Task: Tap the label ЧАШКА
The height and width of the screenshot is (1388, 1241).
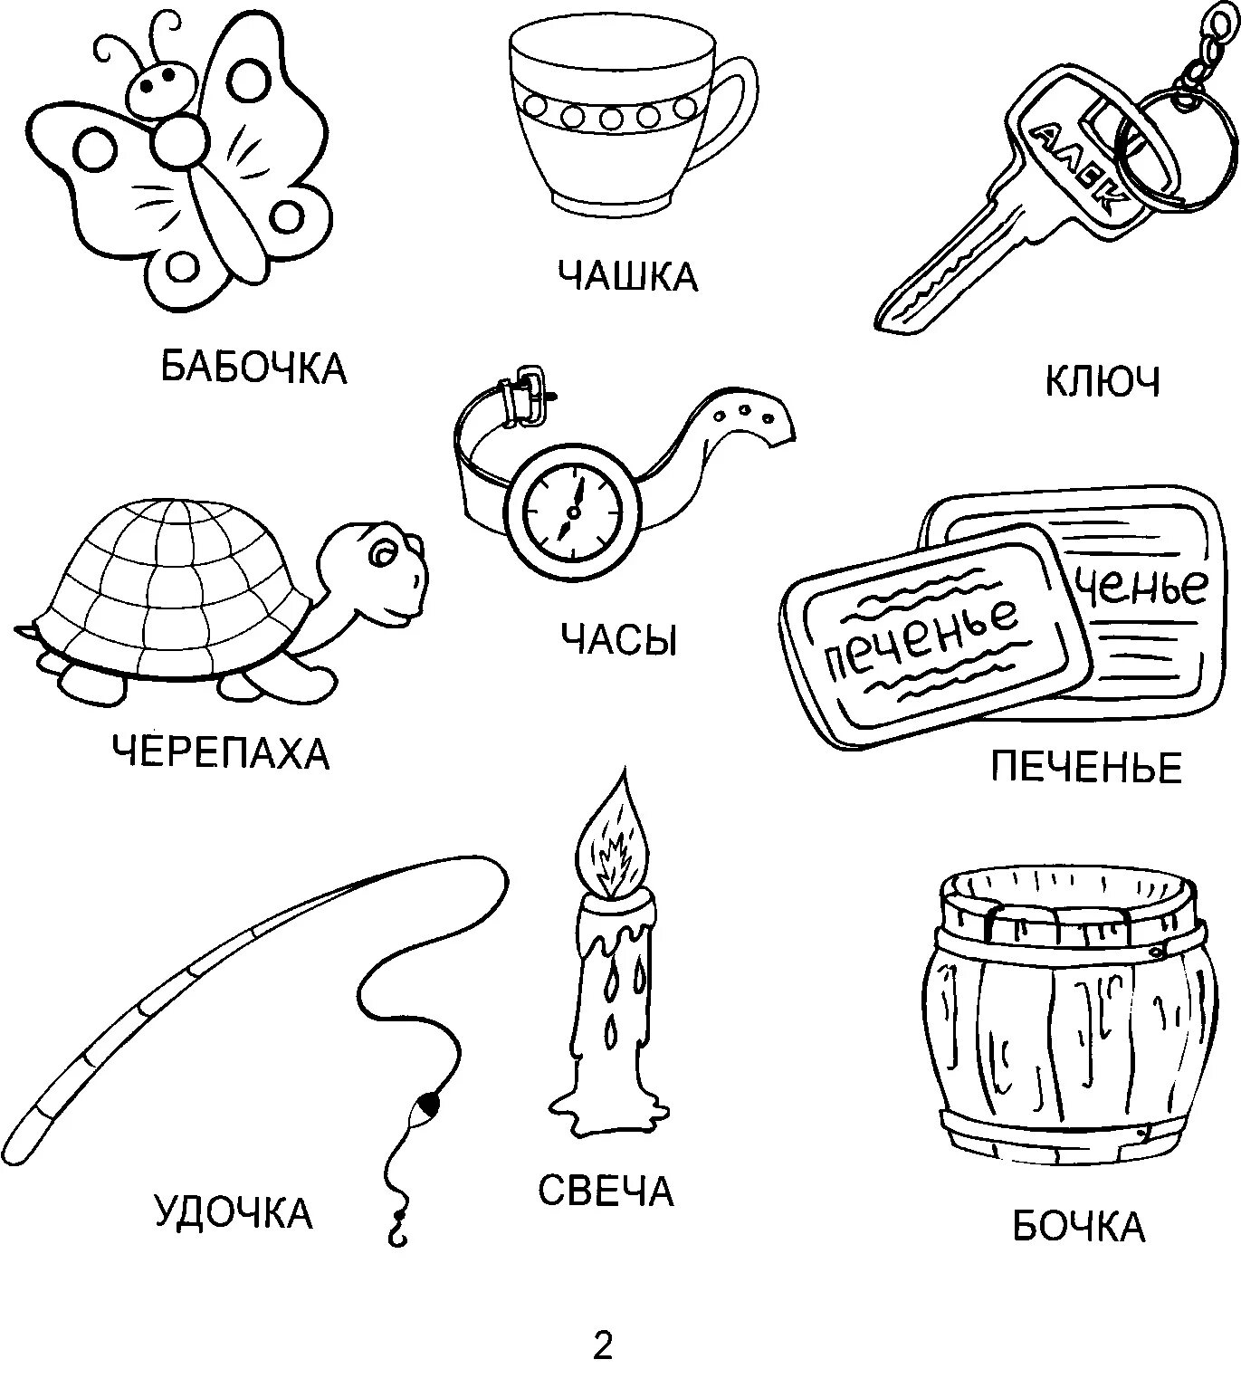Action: [x=627, y=275]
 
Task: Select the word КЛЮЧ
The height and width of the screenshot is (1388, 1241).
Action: [x=1102, y=383]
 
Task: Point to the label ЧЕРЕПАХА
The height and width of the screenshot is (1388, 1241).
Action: [x=221, y=752]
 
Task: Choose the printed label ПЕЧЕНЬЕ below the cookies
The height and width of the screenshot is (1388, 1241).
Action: [x=1086, y=768]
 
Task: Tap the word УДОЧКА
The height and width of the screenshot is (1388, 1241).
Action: [x=234, y=1212]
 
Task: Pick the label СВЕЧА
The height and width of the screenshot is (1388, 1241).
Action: [x=606, y=1191]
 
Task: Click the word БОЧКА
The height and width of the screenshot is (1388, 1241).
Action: [x=1078, y=1227]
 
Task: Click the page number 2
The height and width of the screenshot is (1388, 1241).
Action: [x=603, y=1346]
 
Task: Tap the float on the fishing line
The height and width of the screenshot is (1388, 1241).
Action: [x=426, y=1105]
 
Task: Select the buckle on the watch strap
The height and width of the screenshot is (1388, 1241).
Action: [x=528, y=394]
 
